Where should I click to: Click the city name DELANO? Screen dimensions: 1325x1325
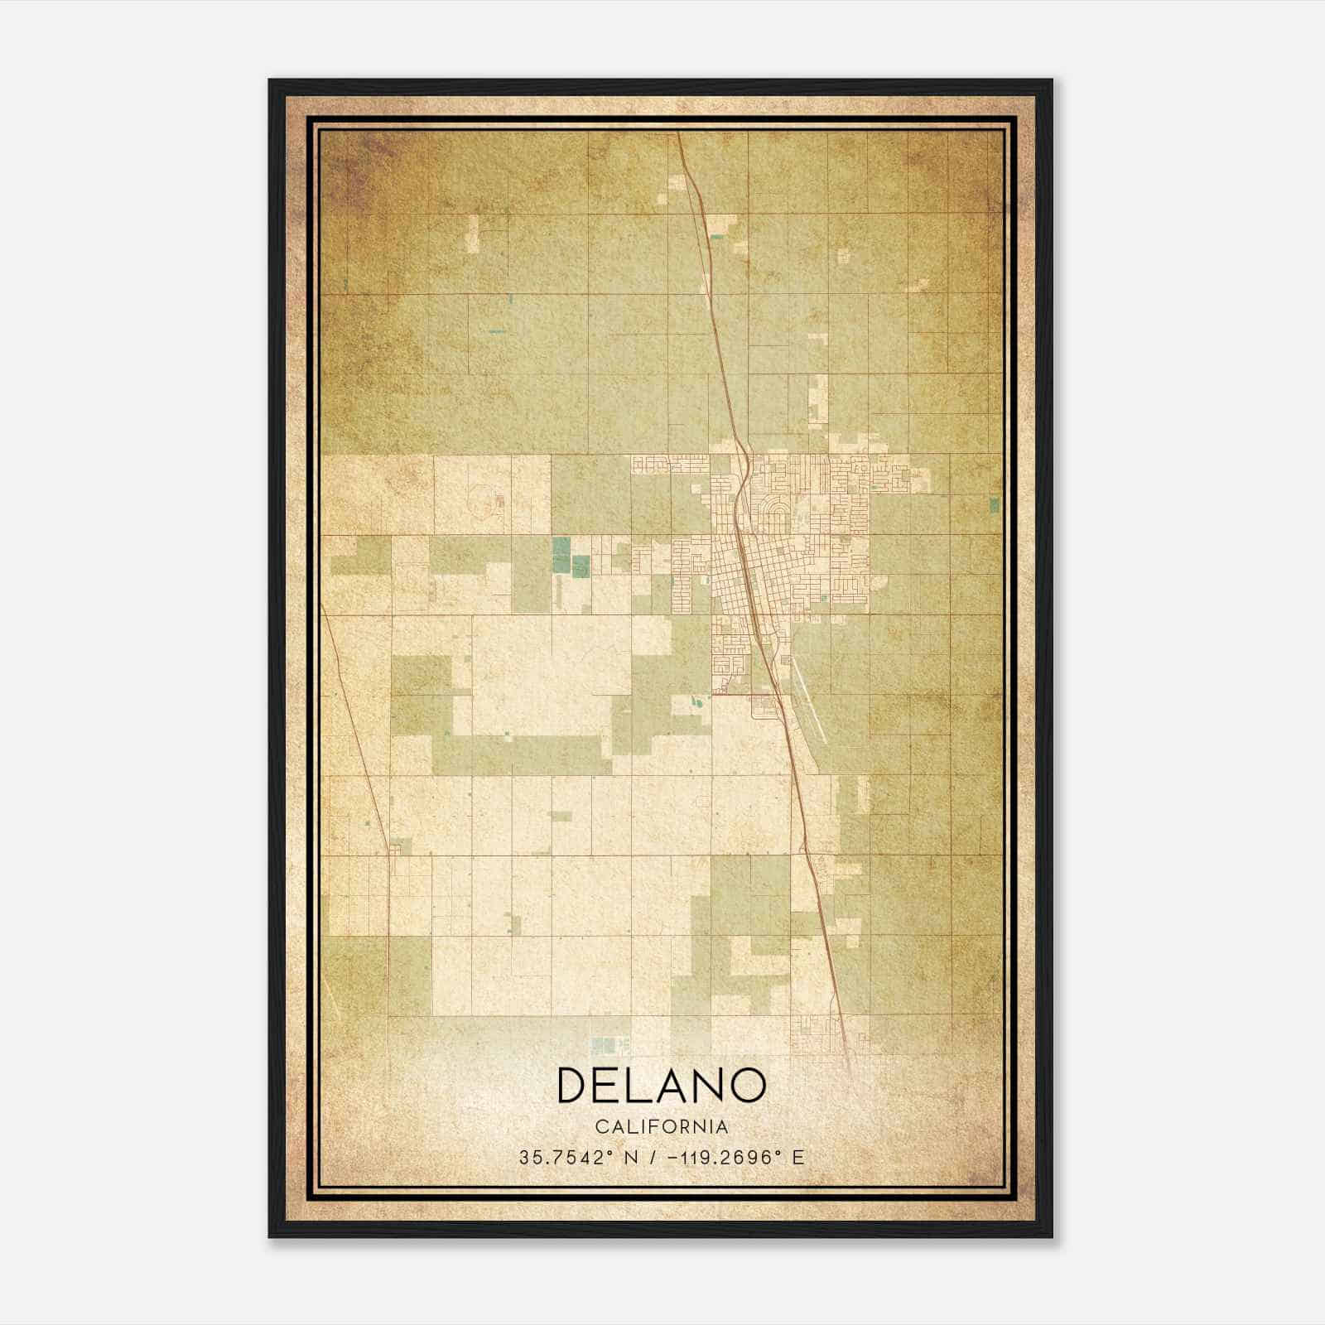click(662, 1085)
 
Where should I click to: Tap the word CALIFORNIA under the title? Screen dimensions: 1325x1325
click(662, 1127)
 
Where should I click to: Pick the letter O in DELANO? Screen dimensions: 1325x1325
click(747, 1085)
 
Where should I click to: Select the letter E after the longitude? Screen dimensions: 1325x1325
click(798, 1158)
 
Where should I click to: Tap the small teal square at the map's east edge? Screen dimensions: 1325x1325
click(994, 505)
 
